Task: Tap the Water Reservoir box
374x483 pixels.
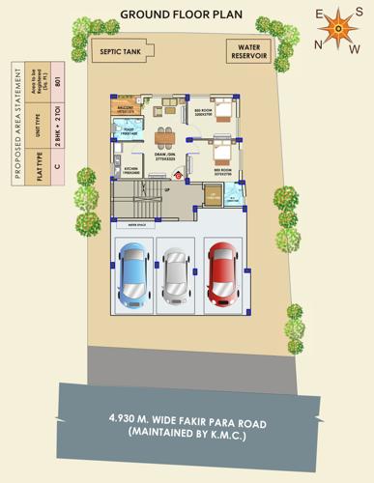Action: (x=249, y=51)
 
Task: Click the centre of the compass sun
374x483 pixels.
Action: (x=337, y=30)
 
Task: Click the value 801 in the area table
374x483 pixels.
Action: (x=59, y=81)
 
